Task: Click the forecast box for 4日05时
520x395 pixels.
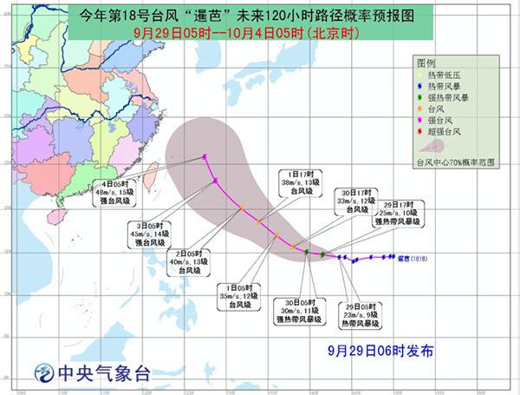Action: (117, 193)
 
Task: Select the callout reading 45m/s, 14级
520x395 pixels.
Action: (150, 234)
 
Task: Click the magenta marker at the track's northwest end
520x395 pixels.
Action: (205, 156)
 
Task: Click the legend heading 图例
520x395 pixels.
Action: (425, 65)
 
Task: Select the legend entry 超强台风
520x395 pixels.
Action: (444, 132)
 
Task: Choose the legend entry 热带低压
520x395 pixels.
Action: (444, 77)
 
